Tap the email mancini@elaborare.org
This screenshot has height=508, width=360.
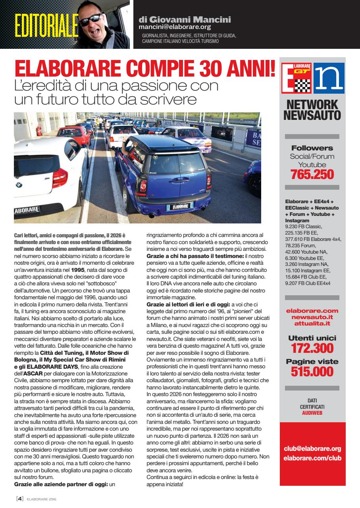tap(175, 27)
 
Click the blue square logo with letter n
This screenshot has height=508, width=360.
tap(329, 78)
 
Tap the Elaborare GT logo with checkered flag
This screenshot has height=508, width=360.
tap(296, 78)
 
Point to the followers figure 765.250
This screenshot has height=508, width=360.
tap(312, 174)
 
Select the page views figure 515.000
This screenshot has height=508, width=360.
tap(312, 371)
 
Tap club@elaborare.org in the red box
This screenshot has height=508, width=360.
tap(312, 449)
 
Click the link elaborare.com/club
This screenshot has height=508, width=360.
tap(312, 458)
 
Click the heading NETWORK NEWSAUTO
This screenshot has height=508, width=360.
tap(312, 110)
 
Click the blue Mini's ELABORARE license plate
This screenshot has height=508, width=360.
tap(180, 206)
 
